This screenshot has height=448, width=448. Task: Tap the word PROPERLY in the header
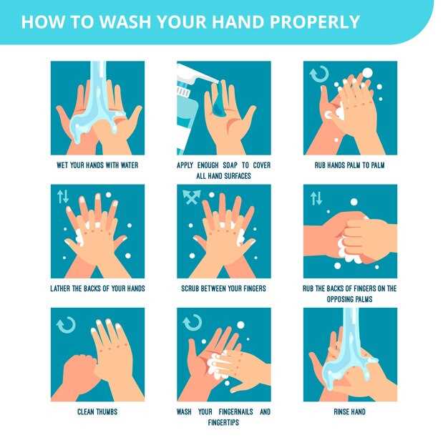point(314,21)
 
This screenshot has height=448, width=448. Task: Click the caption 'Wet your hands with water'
point(97,165)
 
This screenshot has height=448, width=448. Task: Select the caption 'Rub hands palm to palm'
point(350,165)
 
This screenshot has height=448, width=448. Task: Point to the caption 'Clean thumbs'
point(97,412)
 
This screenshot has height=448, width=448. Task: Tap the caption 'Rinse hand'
point(350,412)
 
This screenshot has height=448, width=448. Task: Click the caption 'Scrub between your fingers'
point(224,288)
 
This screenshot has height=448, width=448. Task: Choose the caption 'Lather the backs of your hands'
point(97,288)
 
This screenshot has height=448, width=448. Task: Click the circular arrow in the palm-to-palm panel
point(319,74)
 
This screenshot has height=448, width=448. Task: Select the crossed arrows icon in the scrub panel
point(191,197)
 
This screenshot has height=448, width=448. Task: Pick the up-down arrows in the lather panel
point(63,196)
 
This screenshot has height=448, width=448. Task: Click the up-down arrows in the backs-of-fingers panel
point(316,198)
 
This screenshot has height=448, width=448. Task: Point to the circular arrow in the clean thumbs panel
point(66,325)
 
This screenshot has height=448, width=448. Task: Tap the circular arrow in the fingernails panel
point(193,323)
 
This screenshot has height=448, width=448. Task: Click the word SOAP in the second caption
point(230,165)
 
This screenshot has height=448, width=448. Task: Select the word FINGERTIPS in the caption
point(223,422)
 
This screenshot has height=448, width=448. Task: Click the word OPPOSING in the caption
point(337,299)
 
